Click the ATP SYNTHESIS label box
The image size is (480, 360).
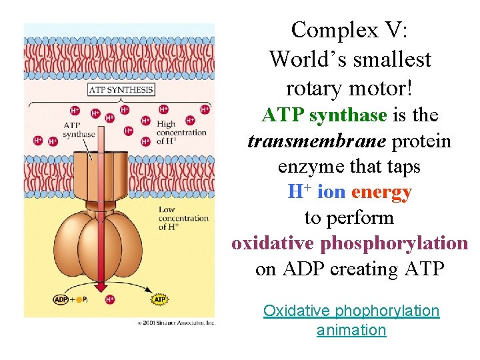(121, 90)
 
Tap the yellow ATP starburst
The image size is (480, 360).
(160, 300)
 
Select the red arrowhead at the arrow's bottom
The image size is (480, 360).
(100, 287)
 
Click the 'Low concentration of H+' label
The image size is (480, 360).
(183, 219)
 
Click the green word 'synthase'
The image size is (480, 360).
(348, 115)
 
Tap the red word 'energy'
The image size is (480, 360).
(381, 192)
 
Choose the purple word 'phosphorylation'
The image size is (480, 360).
(394, 243)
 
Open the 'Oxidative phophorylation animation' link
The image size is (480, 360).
(351, 320)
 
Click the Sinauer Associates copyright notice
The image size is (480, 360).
(177, 323)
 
